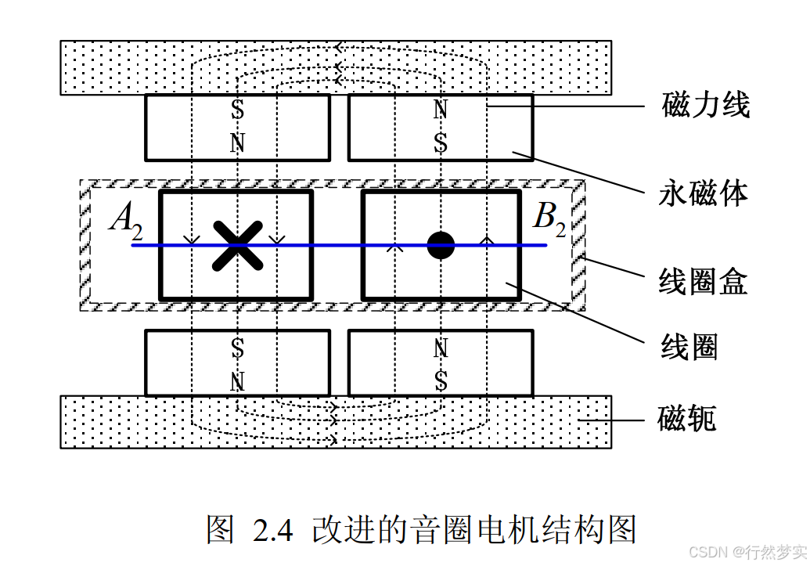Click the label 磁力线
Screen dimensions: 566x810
point(705,105)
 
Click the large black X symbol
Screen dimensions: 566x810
point(238,245)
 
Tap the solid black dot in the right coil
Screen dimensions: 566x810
point(441,245)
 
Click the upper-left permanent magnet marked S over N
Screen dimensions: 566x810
point(237,127)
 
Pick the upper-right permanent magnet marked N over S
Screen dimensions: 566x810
point(441,127)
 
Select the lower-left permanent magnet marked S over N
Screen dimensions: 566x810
point(237,362)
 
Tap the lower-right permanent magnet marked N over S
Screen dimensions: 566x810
point(441,362)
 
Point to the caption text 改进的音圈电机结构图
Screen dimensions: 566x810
point(473,530)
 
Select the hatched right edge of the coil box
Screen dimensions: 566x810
point(578,246)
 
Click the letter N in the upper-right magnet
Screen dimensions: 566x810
point(441,110)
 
